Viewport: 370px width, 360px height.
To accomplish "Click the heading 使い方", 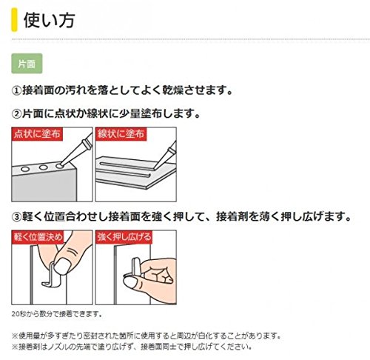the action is coord(50,20).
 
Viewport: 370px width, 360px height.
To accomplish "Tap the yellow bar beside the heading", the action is coord(14,20).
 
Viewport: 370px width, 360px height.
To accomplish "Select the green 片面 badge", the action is coord(27,64).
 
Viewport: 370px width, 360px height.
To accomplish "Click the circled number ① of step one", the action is coord(16,90).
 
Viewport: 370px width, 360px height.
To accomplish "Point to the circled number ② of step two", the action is coord(16,114).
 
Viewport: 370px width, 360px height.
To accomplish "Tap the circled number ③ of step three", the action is coord(16,217).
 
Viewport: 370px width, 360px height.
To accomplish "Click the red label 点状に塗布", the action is coord(37,134).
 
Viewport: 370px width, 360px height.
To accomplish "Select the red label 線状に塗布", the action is coord(121,134).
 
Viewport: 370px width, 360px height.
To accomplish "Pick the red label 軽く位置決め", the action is coord(38,237).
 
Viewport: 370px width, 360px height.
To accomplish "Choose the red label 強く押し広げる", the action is coord(124,237).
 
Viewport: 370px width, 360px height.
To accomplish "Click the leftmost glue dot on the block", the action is coord(25,170).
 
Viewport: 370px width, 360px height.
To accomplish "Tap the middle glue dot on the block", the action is coord(43,167).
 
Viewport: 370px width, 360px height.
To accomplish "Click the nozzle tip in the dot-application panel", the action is coord(61,164).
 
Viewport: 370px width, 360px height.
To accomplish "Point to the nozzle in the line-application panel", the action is coord(165,156).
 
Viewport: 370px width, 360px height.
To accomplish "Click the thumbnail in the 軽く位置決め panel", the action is coord(62,267).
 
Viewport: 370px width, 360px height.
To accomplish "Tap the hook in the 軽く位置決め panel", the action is coord(51,276).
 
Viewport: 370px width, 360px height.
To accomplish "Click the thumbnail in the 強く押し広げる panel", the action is coord(132,282).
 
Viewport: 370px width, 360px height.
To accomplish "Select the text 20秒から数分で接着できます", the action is coord(57,314).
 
